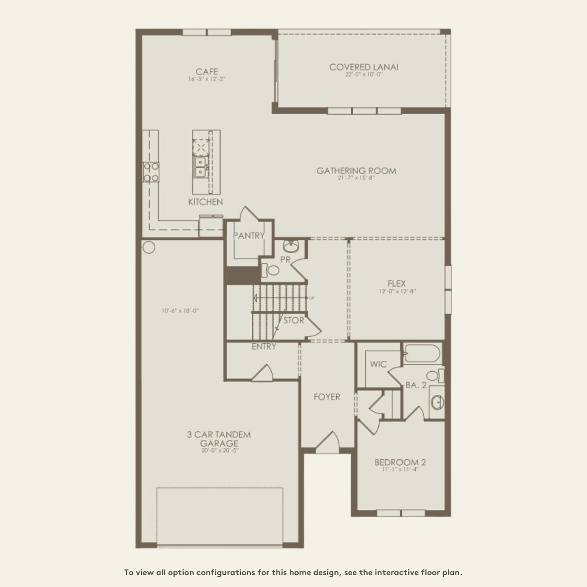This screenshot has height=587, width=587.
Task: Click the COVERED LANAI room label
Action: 364,67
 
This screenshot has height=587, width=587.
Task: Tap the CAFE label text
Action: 207,72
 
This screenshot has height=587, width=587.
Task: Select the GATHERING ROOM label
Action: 356,170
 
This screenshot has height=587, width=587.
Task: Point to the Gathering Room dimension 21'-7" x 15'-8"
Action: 356,178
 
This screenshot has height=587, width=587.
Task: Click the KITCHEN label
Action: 205,202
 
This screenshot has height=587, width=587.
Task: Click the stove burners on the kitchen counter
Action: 151,172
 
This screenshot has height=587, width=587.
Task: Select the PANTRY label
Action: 249,235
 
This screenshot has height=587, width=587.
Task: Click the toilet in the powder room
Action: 271,271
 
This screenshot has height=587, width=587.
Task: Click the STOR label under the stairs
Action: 293,320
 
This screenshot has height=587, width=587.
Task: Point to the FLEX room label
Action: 397,283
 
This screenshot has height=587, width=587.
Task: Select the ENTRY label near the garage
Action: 264,347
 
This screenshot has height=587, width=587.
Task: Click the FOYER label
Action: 327,397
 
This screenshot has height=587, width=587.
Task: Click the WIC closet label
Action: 378,364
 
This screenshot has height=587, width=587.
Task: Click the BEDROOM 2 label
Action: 397,462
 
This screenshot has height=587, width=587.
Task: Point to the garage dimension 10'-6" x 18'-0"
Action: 180,311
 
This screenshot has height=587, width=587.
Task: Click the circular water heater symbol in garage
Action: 149,247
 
